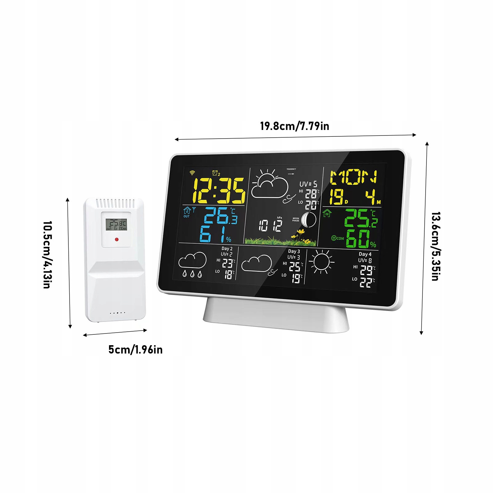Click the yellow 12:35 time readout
219,191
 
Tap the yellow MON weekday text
353,177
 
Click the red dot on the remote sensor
116,239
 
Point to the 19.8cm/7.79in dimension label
294,126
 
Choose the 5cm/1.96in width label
135,350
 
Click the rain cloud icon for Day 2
192,264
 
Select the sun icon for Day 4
321,262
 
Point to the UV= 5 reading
308,184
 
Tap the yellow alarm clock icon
216,173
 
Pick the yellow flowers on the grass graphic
302,237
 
